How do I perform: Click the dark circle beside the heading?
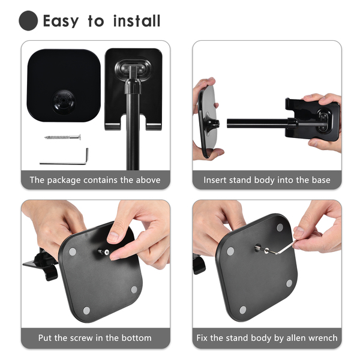[x=28, y=20]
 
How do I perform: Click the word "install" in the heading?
[x=137, y=21]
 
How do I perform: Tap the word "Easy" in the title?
[x=61, y=22]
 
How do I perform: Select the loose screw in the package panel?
[x=62, y=137]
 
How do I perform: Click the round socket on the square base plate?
[x=63, y=101]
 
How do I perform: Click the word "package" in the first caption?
[x=64, y=181]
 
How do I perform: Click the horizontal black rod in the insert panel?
[x=258, y=123]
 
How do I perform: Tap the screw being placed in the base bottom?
[x=104, y=252]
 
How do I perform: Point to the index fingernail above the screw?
[x=113, y=236]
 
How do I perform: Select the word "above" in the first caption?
[x=148, y=180]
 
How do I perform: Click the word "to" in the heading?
[x=96, y=22]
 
